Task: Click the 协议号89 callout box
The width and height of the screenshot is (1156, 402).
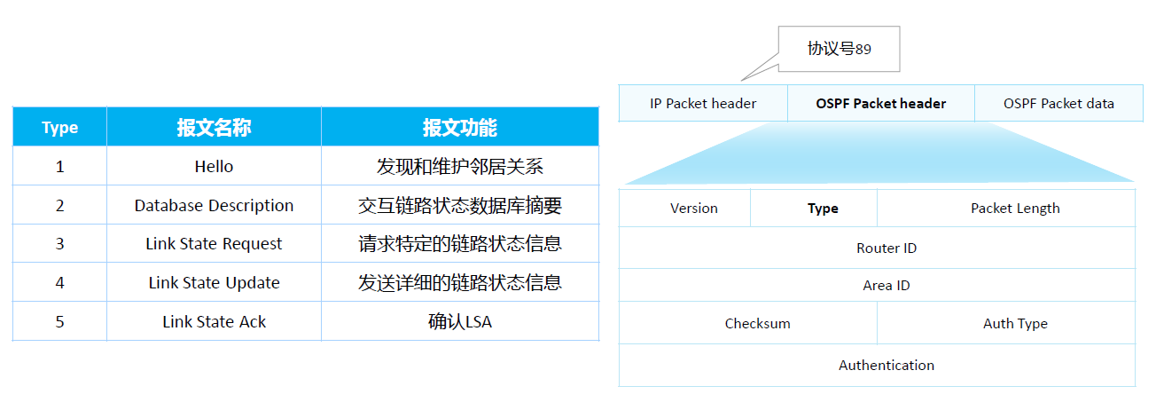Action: [x=839, y=50]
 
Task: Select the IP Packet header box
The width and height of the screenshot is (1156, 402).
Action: [x=703, y=104]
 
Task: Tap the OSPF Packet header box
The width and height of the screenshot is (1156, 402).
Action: [x=880, y=104]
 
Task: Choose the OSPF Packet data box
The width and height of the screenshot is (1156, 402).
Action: [x=1058, y=104]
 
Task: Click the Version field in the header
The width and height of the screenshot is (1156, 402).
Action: [x=693, y=209]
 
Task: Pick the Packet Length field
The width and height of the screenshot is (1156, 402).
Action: [x=1014, y=209]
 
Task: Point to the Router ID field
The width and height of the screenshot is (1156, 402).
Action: [x=886, y=248]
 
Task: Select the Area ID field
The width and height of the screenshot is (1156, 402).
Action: [x=886, y=286]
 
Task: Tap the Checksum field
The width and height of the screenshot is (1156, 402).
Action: [x=757, y=324]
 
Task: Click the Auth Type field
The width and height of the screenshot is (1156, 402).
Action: [x=1014, y=324]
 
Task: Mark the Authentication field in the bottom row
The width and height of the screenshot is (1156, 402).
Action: [x=886, y=366]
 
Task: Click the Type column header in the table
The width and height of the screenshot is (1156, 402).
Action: [x=60, y=128]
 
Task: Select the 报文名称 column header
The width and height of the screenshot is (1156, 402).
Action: [x=214, y=128]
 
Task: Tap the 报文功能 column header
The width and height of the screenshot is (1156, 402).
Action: [x=459, y=128]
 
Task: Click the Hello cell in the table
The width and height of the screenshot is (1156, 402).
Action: [x=214, y=167]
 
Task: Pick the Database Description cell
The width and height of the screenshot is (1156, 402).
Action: [x=214, y=206]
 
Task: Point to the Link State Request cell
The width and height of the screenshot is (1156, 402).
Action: [x=214, y=244]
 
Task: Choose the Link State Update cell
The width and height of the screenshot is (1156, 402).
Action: [x=214, y=283]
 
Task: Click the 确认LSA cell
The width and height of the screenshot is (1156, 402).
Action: [x=459, y=322]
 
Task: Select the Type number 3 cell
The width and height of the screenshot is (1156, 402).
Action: [x=60, y=244]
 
